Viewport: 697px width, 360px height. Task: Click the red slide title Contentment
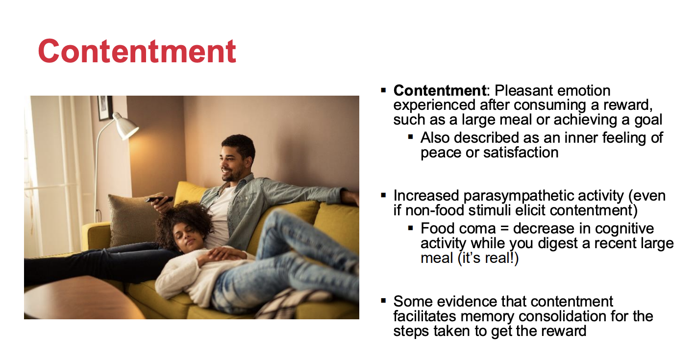coord(137,51)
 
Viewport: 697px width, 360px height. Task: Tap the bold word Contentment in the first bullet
coord(440,91)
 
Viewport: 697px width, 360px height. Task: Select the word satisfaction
coord(521,153)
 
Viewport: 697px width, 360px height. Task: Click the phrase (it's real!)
coord(488,258)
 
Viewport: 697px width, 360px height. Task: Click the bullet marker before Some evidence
coord(383,301)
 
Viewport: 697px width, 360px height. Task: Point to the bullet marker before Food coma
coord(411,228)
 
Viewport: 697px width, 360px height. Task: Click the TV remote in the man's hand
coord(159,199)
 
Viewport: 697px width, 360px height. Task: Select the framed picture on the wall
coord(105,108)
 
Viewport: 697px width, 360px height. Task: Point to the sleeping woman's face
coord(185,237)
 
